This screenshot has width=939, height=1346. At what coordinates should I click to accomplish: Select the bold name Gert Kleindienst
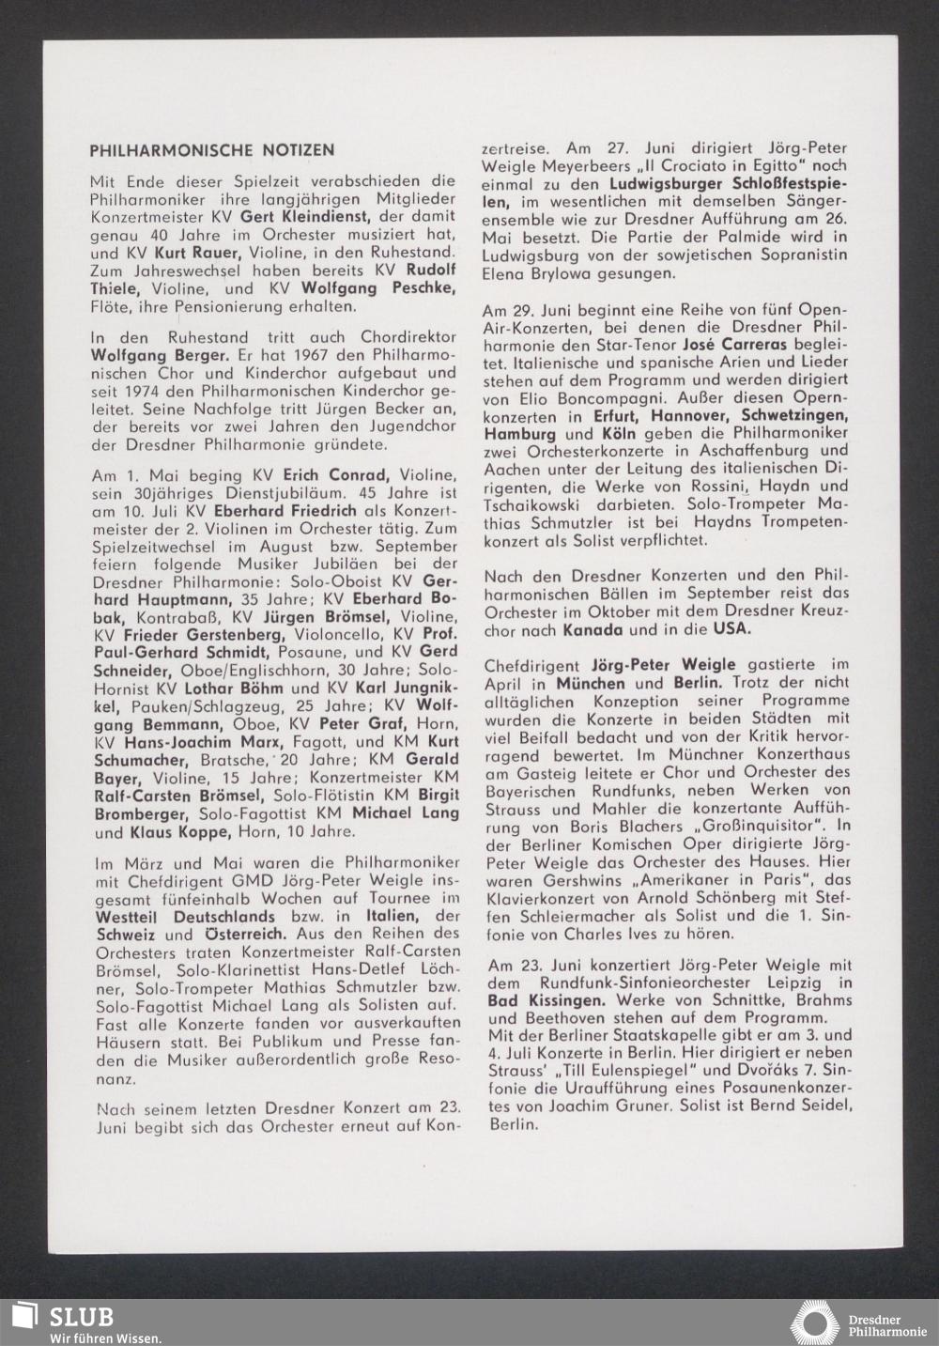294,216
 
